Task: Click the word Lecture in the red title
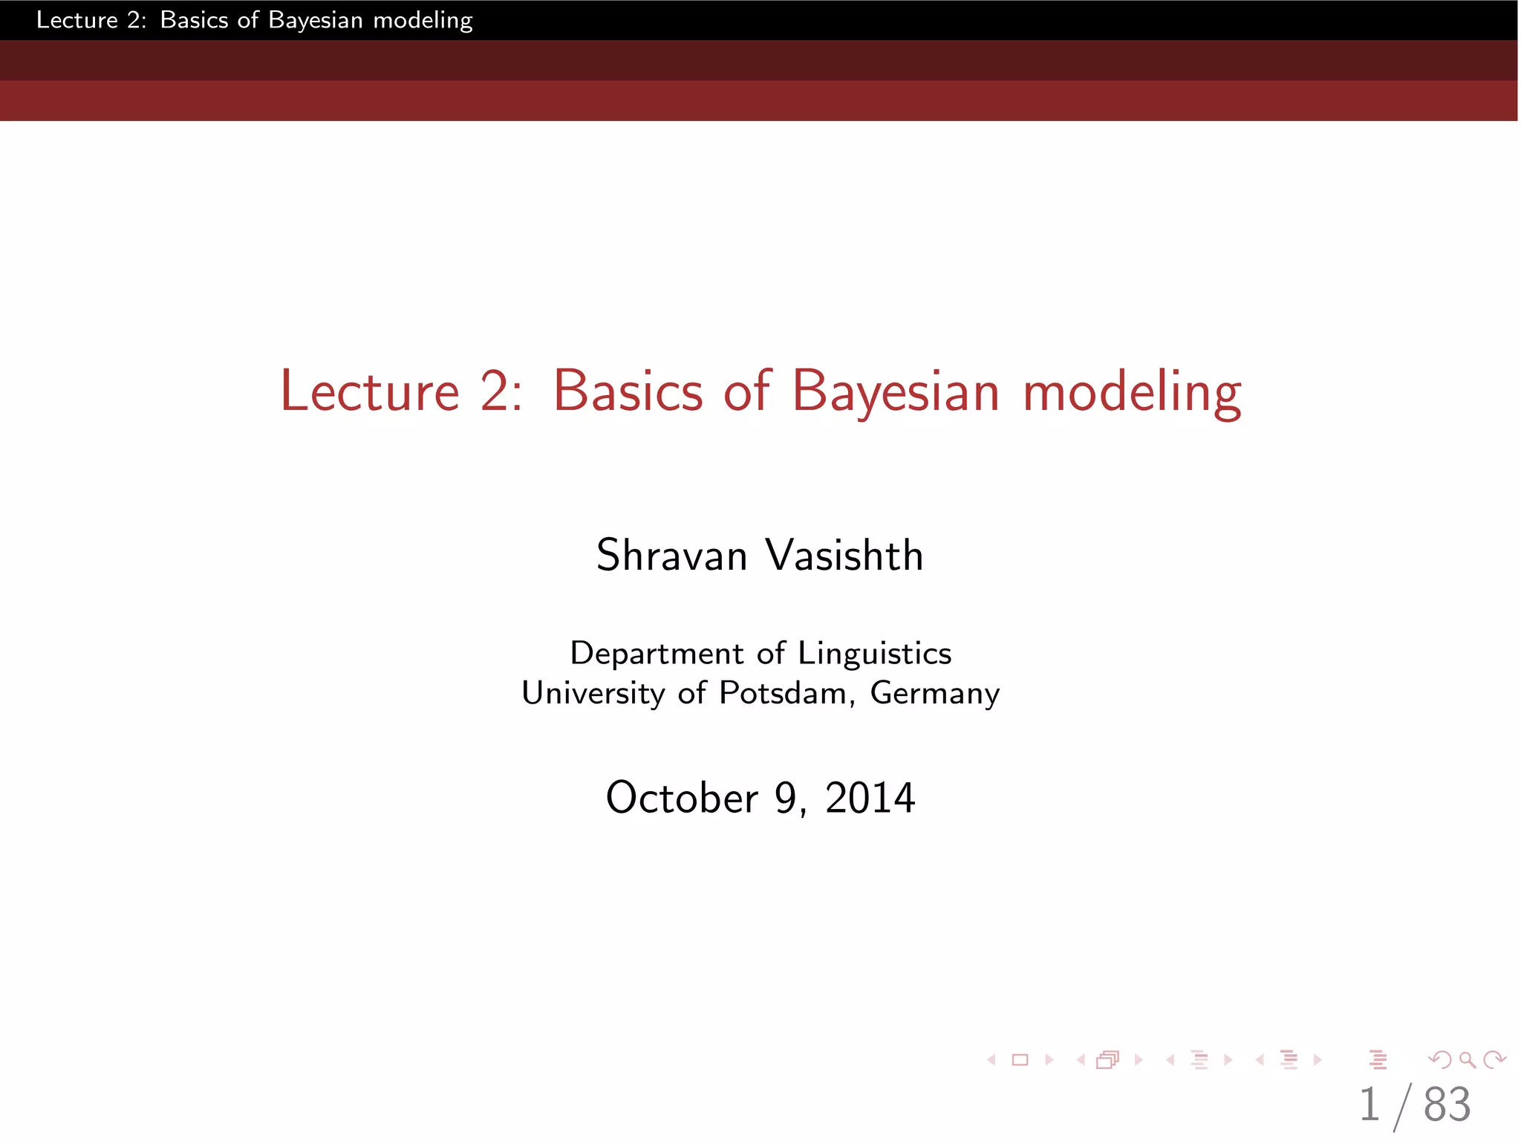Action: click(369, 391)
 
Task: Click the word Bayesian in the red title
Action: click(896, 391)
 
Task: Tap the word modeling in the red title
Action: click(1131, 391)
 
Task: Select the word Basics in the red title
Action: click(628, 391)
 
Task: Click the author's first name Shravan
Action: click(671, 556)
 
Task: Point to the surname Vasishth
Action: click(844, 556)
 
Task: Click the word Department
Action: click(657, 654)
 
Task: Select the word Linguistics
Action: click(874, 654)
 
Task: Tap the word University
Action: click(593, 693)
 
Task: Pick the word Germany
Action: click(934, 693)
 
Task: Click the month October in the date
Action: click(681, 799)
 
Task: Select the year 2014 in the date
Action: click(870, 799)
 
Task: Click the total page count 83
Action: click(1447, 1105)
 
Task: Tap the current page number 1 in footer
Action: click(1369, 1105)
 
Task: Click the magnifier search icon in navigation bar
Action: click(1467, 1060)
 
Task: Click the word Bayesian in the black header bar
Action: click(315, 20)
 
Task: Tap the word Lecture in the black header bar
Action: click(76, 20)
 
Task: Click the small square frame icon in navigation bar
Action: click(1020, 1060)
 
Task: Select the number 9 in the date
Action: click(786, 799)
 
